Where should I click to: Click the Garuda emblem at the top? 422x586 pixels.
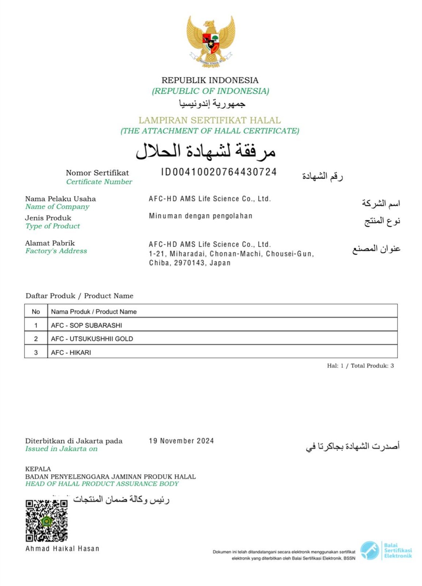(x=210, y=41)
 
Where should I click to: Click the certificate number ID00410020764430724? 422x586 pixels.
(x=219, y=172)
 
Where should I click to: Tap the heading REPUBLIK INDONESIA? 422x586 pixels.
(x=210, y=80)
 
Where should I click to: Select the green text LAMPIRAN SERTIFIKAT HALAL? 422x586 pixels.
(x=210, y=120)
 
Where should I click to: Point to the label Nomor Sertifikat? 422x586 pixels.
(x=97, y=173)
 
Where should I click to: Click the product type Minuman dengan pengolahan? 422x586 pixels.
(x=201, y=216)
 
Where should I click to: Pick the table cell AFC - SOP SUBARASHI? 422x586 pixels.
(x=86, y=325)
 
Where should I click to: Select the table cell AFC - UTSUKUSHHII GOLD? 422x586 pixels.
(x=92, y=339)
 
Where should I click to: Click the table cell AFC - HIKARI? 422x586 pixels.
(x=71, y=352)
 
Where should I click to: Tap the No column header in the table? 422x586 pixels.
(x=36, y=312)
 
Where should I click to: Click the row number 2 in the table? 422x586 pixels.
(x=36, y=339)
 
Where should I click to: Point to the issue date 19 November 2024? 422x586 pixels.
(x=181, y=441)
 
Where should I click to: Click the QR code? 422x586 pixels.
(x=46, y=520)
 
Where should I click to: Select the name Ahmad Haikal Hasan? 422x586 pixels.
(x=62, y=549)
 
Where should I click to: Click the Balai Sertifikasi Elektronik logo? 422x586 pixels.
(x=386, y=550)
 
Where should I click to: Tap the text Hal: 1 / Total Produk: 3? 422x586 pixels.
(x=360, y=366)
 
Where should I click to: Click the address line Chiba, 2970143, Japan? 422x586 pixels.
(x=190, y=263)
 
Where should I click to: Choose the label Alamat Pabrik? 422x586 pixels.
(x=50, y=243)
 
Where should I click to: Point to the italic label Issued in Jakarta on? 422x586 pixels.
(x=61, y=449)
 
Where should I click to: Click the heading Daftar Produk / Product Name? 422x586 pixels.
(x=79, y=296)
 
